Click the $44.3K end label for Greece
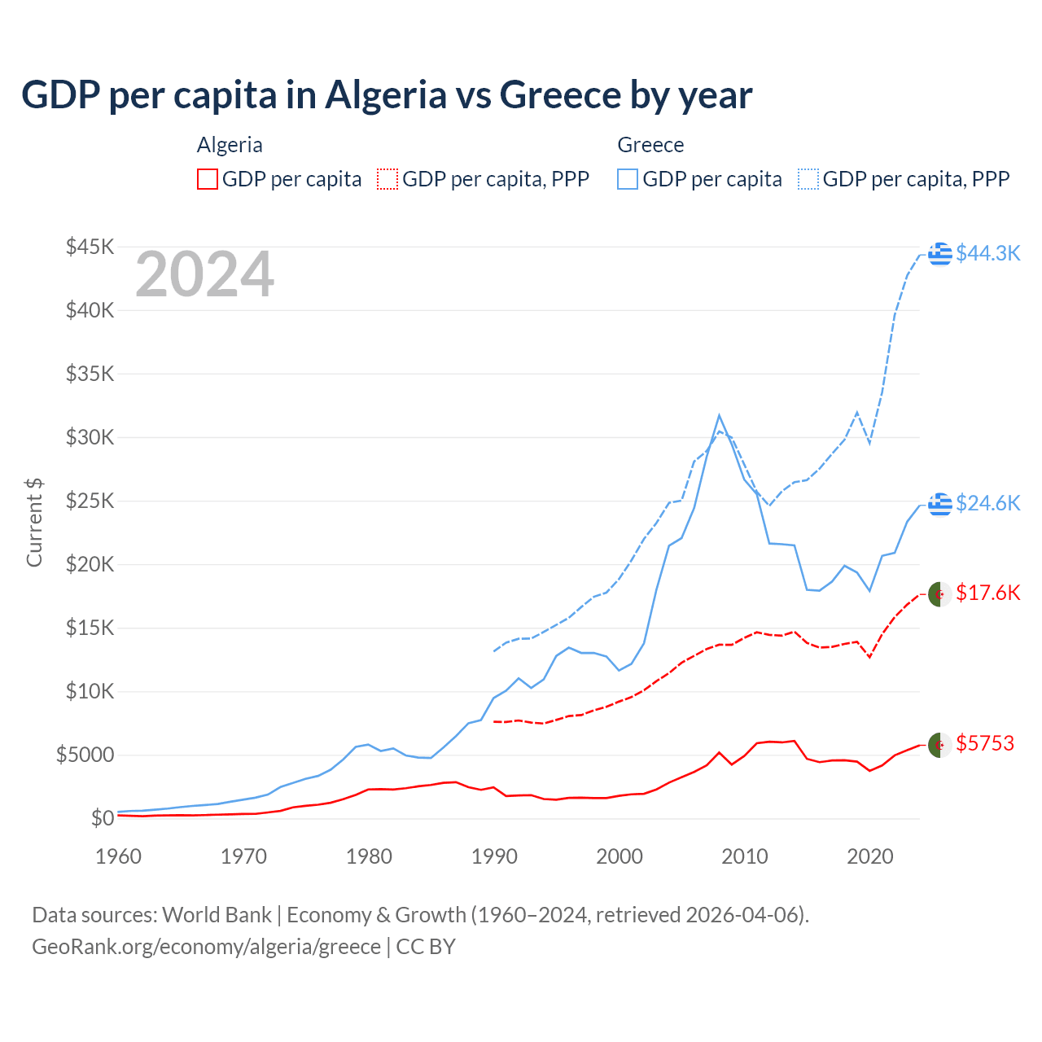click(987, 253)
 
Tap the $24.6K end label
click(987, 503)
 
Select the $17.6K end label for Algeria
click(987, 593)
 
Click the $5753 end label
click(984, 743)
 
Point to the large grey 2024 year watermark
click(204, 275)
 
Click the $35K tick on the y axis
click(90, 374)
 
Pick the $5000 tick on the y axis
click(85, 755)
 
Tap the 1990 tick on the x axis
click(494, 856)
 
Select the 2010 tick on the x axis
click(745, 856)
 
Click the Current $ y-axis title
click(34, 523)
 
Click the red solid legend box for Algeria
click(208, 179)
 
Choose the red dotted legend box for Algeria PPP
click(387, 179)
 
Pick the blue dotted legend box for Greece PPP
click(808, 179)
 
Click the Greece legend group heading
click(650, 145)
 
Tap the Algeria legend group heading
click(230, 145)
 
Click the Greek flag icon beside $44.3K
click(940, 253)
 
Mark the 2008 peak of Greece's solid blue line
click(719, 415)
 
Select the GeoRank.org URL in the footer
click(206, 947)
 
